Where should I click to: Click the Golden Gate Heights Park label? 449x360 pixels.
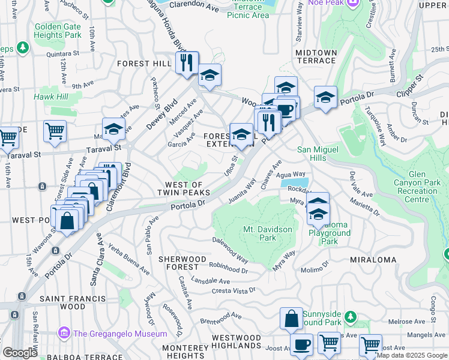[x=58, y=31]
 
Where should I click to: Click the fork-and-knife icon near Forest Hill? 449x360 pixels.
[x=187, y=62]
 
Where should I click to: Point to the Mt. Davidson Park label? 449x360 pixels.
[x=268, y=234]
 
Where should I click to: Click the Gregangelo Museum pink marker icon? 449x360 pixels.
[x=64, y=332]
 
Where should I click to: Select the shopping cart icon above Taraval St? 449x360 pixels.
[x=55, y=130]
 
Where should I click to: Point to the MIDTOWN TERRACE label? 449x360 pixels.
[x=316, y=56]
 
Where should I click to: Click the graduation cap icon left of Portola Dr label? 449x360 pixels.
[x=325, y=97]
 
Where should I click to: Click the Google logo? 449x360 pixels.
[x=20, y=353]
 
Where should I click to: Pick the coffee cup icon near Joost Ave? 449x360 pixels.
[x=301, y=344]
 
